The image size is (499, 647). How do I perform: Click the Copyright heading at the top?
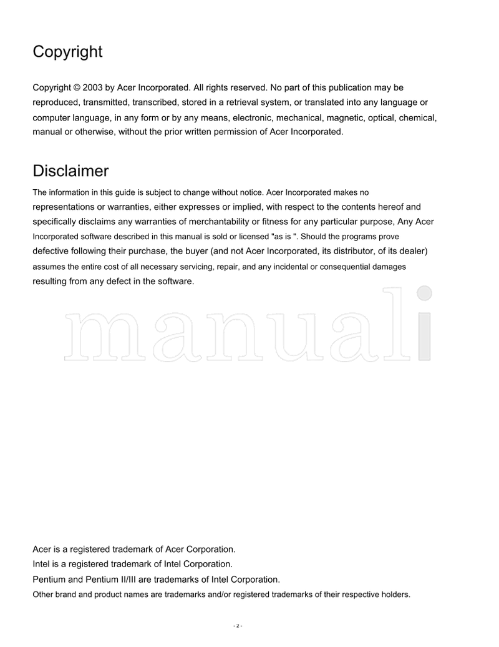click(67, 52)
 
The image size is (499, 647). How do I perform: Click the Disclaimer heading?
click(70, 171)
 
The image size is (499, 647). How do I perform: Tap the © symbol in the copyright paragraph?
click(78, 88)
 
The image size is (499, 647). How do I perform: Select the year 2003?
click(94, 88)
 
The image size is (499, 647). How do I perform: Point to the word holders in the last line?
click(395, 595)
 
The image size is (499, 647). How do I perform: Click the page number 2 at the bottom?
click(237, 626)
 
